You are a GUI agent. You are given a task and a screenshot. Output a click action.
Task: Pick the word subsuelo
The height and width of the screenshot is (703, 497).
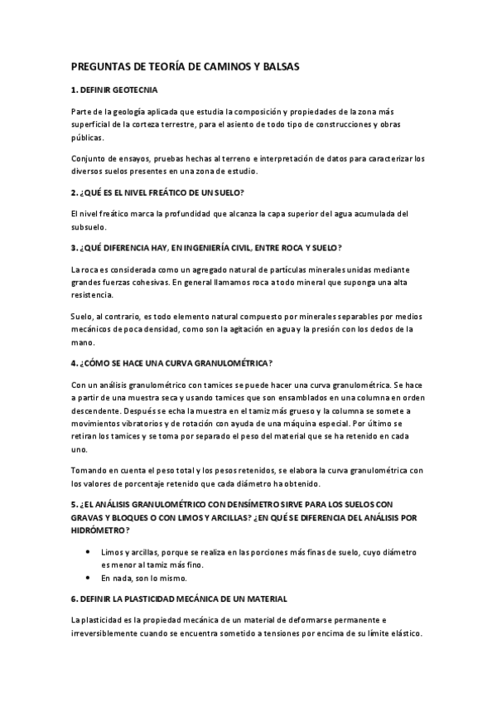click(89, 227)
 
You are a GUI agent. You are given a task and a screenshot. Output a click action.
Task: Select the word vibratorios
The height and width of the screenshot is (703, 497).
click(148, 424)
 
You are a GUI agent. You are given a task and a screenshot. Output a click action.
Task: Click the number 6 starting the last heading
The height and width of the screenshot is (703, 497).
click(73, 598)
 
